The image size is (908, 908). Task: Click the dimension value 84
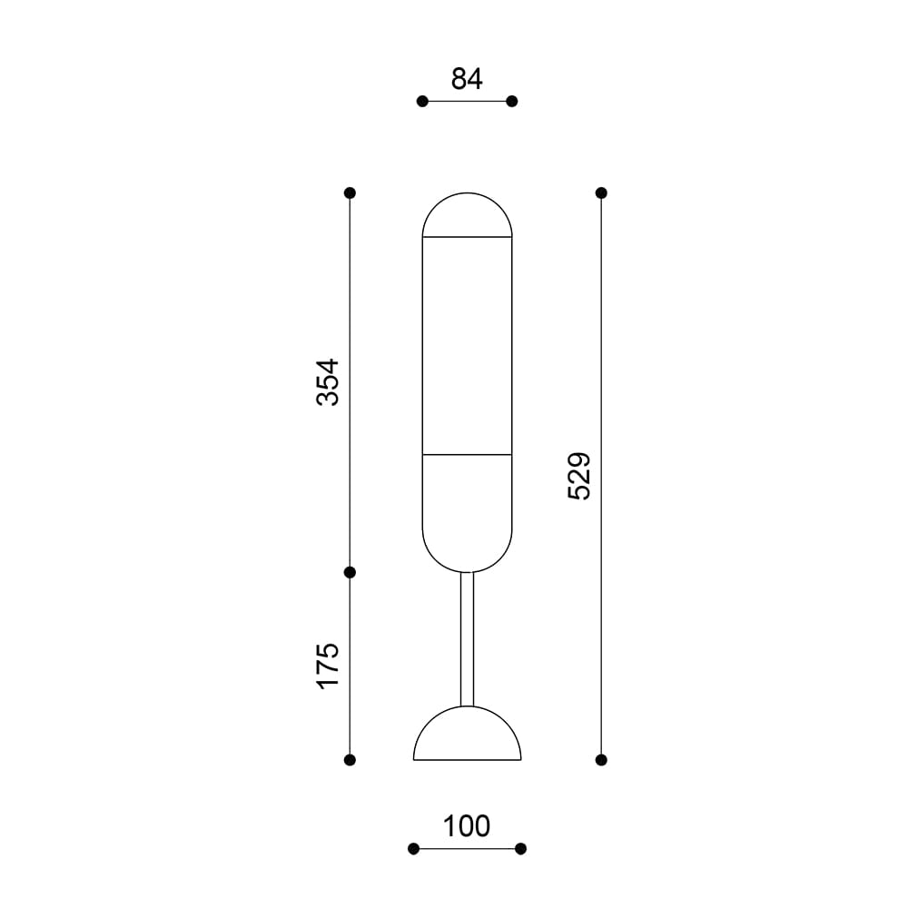point(467,79)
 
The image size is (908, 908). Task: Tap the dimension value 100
point(466,826)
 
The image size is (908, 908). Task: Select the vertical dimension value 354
point(328,382)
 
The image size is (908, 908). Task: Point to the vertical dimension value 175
point(328,666)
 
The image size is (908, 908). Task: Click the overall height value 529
point(579,476)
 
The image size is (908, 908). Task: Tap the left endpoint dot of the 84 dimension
point(422,102)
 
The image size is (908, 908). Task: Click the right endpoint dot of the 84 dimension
point(512,102)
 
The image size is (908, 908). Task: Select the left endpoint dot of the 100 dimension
point(413,849)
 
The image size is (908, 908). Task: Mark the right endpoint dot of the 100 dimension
point(520,849)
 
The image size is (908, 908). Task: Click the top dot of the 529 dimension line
point(601,192)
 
